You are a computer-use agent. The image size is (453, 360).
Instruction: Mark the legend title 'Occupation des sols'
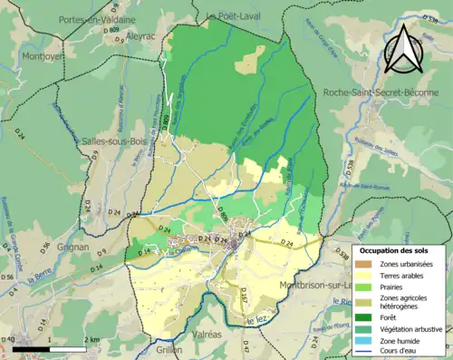coord(394,249)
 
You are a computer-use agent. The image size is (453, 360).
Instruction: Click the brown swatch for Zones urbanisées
coord(364,263)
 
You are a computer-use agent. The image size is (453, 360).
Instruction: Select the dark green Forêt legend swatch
coord(364,317)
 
